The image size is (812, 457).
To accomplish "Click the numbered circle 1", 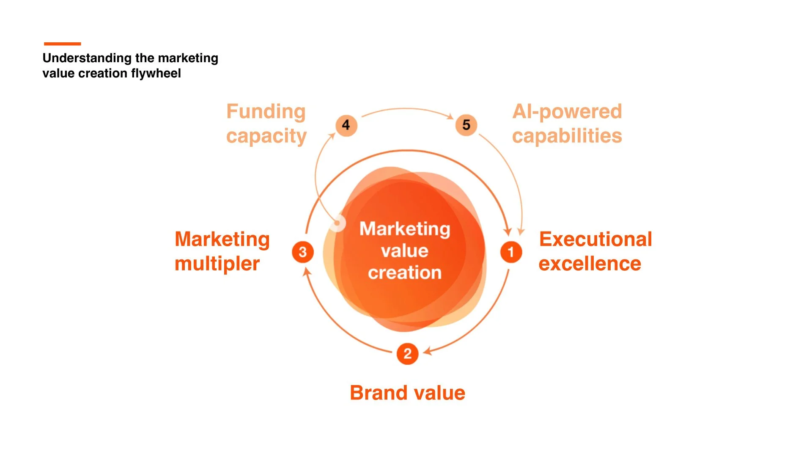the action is point(511,252).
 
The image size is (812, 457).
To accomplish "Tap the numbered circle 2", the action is point(407,354).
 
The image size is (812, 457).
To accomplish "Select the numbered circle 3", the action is point(303,252).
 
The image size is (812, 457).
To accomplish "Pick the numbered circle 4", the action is point(346,125).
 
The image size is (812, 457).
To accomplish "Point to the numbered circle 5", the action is point(466,125).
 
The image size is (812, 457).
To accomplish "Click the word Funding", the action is point(266,112).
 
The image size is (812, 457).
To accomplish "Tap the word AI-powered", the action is point(567,112).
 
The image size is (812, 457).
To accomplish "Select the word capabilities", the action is point(567,136).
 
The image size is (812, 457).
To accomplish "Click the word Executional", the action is point(595,240).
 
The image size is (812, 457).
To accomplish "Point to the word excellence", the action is point(590,264).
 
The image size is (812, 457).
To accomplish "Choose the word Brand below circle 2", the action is point(378,393).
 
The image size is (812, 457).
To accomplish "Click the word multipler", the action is point(217,264).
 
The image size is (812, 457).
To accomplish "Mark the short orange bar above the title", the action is point(62,44).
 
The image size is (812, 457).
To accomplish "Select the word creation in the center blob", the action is point(405,273).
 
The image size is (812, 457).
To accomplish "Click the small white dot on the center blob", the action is point(337,223).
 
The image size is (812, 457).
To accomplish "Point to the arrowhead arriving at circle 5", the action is point(451,116).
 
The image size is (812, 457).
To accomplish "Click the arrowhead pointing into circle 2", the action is point(428,351).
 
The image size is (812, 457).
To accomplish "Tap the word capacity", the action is point(266,136).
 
